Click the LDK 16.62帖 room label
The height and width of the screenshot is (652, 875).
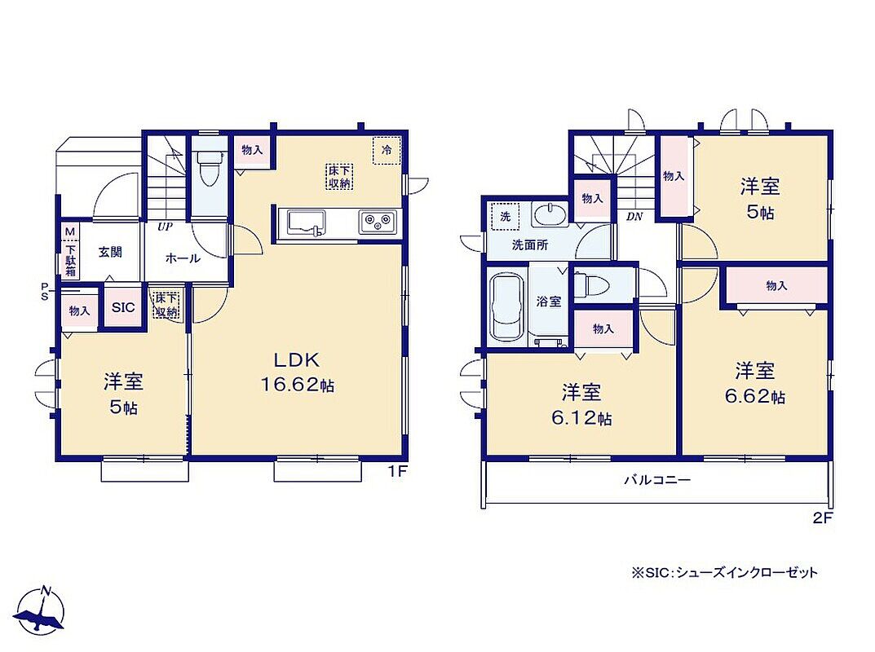297,372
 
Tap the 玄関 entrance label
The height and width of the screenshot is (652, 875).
110,252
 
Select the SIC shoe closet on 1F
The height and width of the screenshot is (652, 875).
123,307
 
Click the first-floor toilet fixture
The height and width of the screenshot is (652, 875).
210,165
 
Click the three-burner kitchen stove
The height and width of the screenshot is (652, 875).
378,222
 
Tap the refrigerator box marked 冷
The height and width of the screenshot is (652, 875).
387,151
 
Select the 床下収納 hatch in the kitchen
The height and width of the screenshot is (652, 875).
339,176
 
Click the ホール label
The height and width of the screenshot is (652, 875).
183,258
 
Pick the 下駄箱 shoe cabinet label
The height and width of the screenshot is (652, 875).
70,259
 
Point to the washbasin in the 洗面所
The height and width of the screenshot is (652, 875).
550,214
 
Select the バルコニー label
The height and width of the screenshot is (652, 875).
657,479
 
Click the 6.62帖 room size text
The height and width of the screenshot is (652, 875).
755,397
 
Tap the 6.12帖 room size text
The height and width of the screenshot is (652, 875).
581,418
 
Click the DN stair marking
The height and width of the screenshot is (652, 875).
634,217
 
